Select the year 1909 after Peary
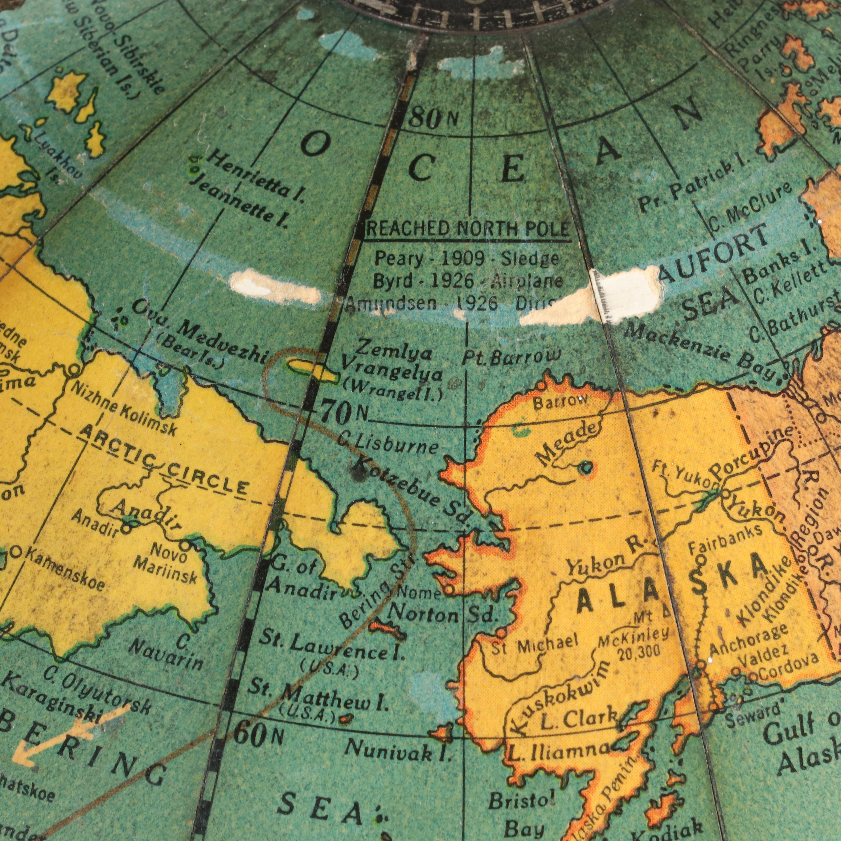pyautogui.click(x=462, y=259)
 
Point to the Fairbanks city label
pyautogui.click(x=725, y=538)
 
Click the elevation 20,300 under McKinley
pyautogui.click(x=639, y=652)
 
